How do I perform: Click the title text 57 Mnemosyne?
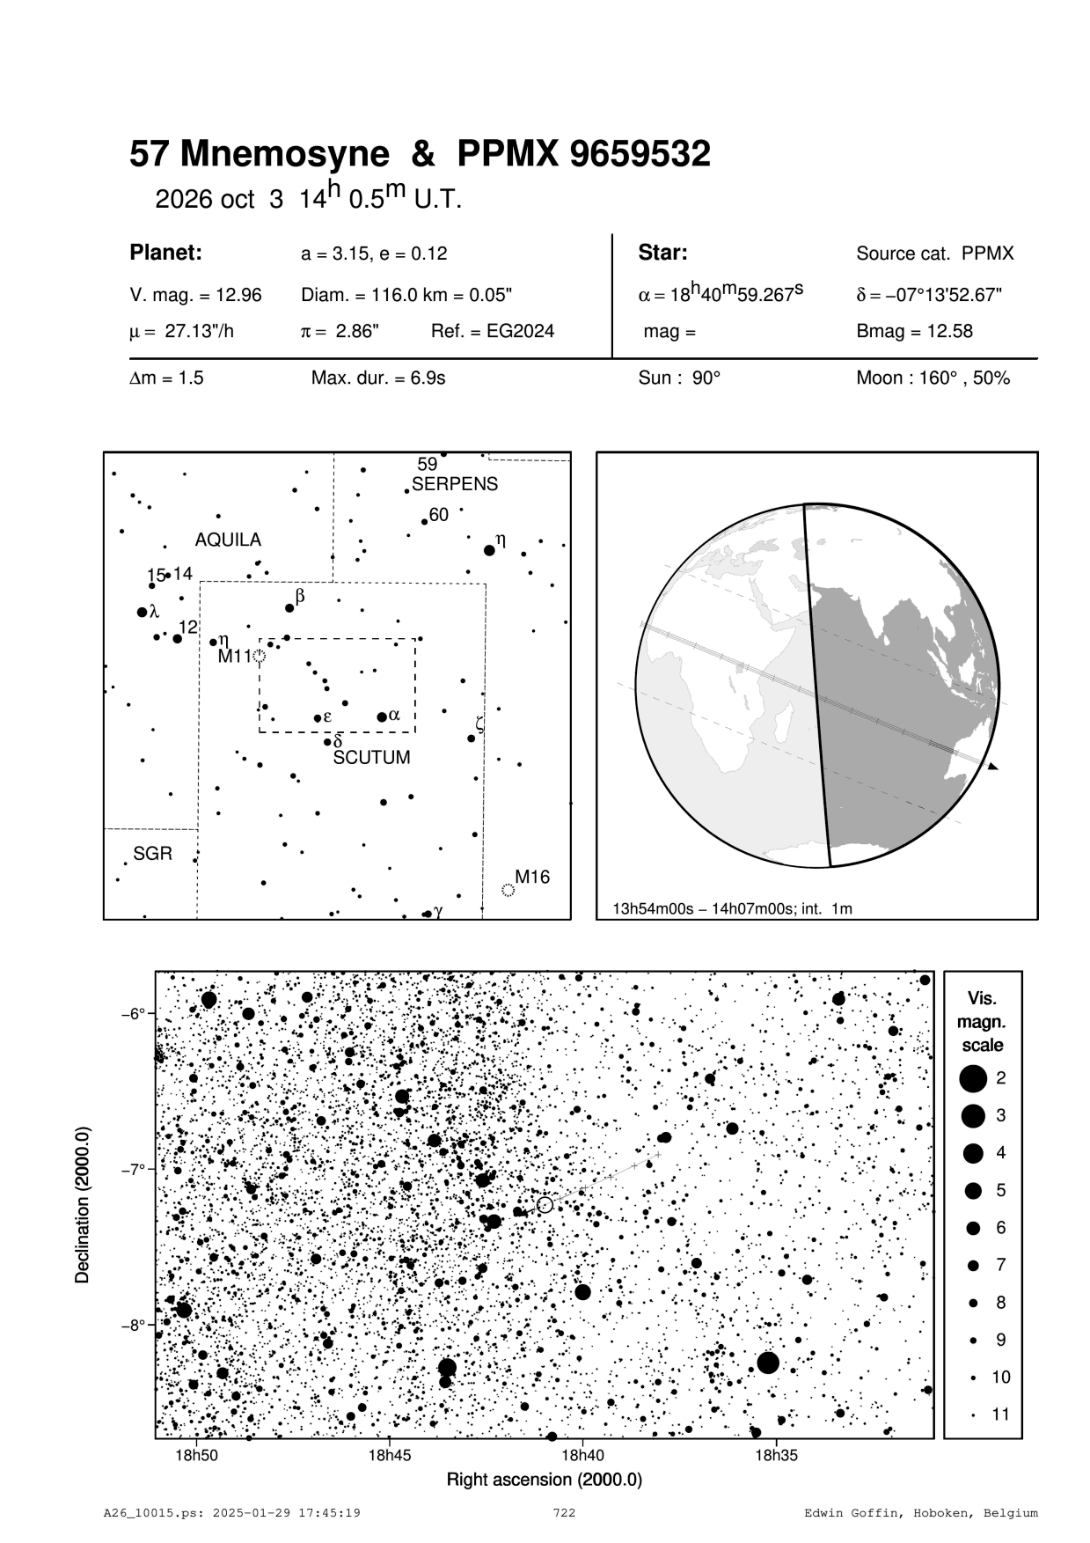point(259,156)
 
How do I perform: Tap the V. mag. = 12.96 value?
point(195,295)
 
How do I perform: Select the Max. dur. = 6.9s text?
point(378,378)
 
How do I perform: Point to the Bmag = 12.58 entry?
point(914,332)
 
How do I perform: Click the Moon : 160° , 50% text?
point(933,378)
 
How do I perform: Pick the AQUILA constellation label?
point(228,540)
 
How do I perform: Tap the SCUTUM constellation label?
point(371,758)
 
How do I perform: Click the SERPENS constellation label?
point(455,484)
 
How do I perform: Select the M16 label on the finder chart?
point(532,877)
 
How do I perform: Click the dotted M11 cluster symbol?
point(259,656)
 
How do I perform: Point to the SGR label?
point(152,854)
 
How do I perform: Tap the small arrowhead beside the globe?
point(992,767)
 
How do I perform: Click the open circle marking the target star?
point(545,1204)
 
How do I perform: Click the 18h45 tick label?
point(389,1455)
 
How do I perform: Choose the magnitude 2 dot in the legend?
point(973,1077)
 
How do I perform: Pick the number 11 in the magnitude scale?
point(1001,1414)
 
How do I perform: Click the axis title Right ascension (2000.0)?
point(545,1479)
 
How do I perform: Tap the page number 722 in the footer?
point(564,1513)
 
